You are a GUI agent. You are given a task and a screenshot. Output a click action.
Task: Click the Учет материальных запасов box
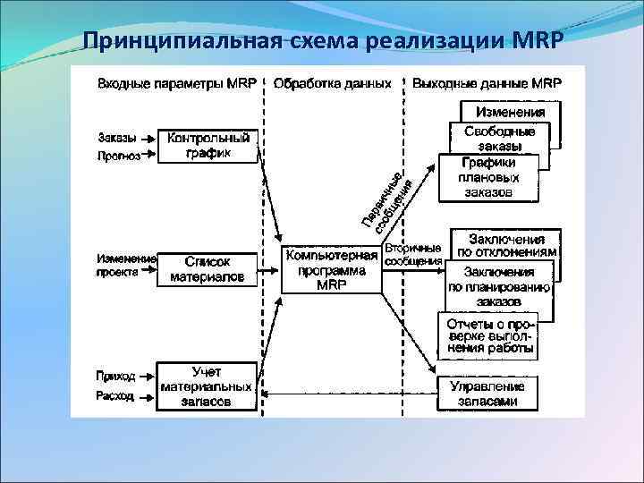[207, 386]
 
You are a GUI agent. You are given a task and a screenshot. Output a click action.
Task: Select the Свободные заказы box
[500, 138]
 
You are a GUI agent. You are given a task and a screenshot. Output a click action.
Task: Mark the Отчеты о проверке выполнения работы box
[488, 335]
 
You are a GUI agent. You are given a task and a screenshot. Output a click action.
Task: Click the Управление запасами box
[488, 394]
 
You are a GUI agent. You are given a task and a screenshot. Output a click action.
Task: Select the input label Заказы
[117, 139]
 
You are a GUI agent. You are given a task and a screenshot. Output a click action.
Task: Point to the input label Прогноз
[119, 156]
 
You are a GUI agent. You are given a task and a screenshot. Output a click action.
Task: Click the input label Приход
[116, 377]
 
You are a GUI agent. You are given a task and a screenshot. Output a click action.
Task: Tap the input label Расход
[116, 395]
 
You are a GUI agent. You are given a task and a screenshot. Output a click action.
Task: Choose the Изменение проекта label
[126, 266]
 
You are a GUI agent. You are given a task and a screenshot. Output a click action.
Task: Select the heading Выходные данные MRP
[487, 83]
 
